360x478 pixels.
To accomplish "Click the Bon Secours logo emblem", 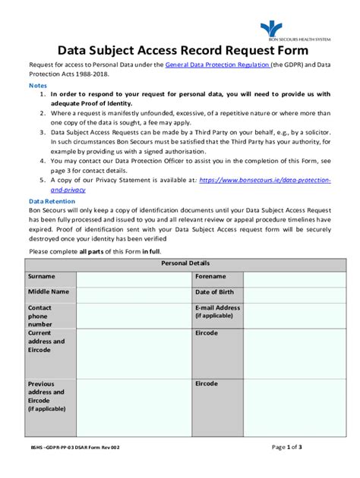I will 270,29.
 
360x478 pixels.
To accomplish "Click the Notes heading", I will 37,86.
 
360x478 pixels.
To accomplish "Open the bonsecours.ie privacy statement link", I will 264,181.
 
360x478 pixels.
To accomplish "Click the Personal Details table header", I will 179,263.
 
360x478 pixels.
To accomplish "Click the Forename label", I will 211,277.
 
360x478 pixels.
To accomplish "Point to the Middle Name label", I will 49,291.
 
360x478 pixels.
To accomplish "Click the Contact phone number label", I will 41,316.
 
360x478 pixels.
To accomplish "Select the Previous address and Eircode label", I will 46,396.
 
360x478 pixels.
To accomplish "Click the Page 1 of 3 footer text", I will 287,448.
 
